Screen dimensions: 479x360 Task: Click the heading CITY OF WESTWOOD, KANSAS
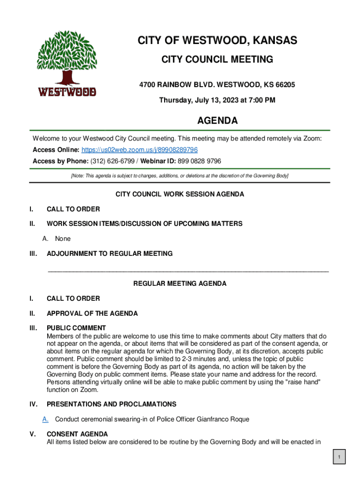tap(217, 41)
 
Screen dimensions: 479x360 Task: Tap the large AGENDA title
tap(217, 121)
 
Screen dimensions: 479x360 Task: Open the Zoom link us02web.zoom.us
tap(139, 150)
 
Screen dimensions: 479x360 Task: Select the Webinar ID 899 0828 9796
tap(199, 161)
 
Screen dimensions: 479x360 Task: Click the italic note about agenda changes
tap(180, 176)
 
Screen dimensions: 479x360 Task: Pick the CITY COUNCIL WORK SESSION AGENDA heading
tap(180, 194)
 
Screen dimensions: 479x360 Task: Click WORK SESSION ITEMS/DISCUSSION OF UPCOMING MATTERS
tap(144, 224)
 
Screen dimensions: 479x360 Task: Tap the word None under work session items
tap(63, 239)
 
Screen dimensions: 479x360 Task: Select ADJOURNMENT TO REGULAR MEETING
tap(109, 254)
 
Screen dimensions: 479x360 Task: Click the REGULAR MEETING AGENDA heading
tap(180, 283)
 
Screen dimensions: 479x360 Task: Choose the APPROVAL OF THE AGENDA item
tap(92, 313)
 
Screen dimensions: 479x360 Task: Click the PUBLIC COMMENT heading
tap(76, 328)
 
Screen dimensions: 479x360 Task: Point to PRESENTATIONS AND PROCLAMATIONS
tap(111, 404)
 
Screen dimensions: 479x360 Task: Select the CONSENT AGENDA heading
tap(77, 434)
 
